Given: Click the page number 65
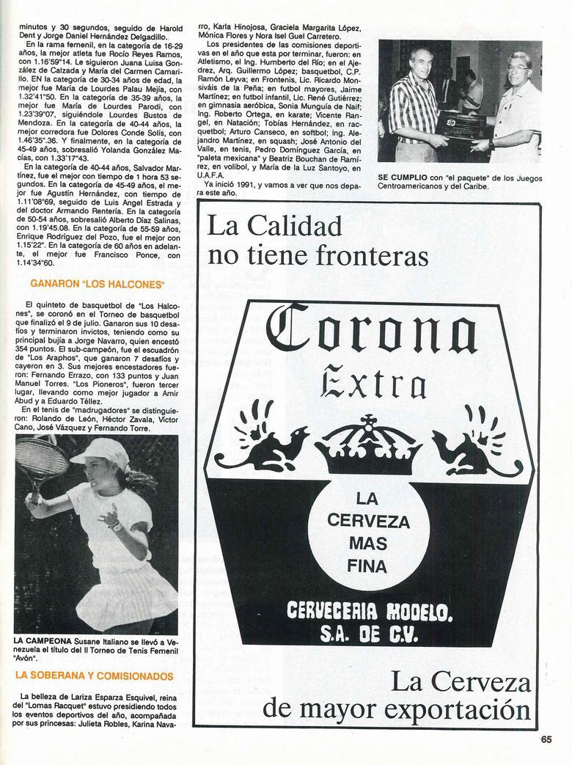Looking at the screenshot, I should [x=546, y=740].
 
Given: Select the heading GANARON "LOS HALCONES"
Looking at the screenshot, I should [x=98, y=283].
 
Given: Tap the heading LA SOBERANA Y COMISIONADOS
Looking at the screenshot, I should [x=94, y=676].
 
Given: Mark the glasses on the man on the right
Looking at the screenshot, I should [x=517, y=68].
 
